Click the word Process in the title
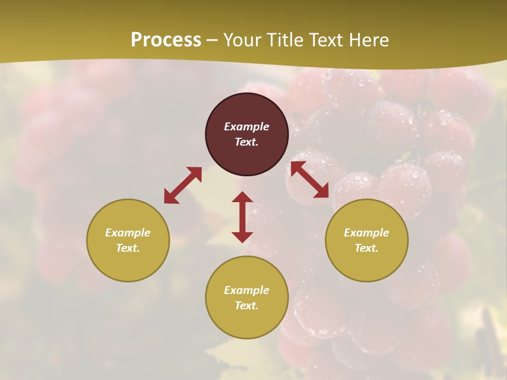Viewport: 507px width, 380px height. tap(166, 40)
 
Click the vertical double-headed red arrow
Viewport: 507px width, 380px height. tap(242, 217)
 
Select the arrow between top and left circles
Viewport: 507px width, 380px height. tap(183, 185)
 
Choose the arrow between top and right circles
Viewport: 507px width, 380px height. tap(309, 180)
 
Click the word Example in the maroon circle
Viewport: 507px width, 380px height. tap(247, 127)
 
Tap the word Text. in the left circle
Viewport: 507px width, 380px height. tap(128, 248)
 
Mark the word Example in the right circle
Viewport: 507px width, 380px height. tap(367, 233)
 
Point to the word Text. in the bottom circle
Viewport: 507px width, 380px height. tap(247, 306)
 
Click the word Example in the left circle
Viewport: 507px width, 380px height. tap(128, 233)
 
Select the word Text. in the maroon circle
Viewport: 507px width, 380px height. tap(247, 142)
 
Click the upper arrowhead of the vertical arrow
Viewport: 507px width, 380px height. tap(242, 197)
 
